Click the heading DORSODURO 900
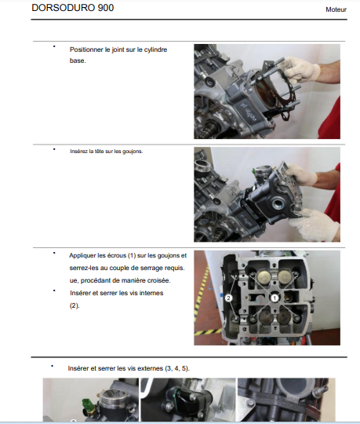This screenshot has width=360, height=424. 73,8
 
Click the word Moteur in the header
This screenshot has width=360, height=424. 336,9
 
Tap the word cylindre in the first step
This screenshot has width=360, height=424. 155,50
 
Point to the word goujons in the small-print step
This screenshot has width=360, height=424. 133,152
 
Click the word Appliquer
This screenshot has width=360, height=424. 82,256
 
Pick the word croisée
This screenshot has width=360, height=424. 160,280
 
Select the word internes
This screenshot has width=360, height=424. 151,293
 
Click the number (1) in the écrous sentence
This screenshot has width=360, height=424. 132,255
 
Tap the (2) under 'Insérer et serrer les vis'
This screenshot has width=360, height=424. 75,305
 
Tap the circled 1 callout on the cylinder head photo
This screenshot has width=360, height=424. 275,298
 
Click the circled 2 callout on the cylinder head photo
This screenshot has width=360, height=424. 228,298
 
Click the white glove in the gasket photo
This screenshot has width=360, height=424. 300,69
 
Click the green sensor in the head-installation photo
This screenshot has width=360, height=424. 254,171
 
